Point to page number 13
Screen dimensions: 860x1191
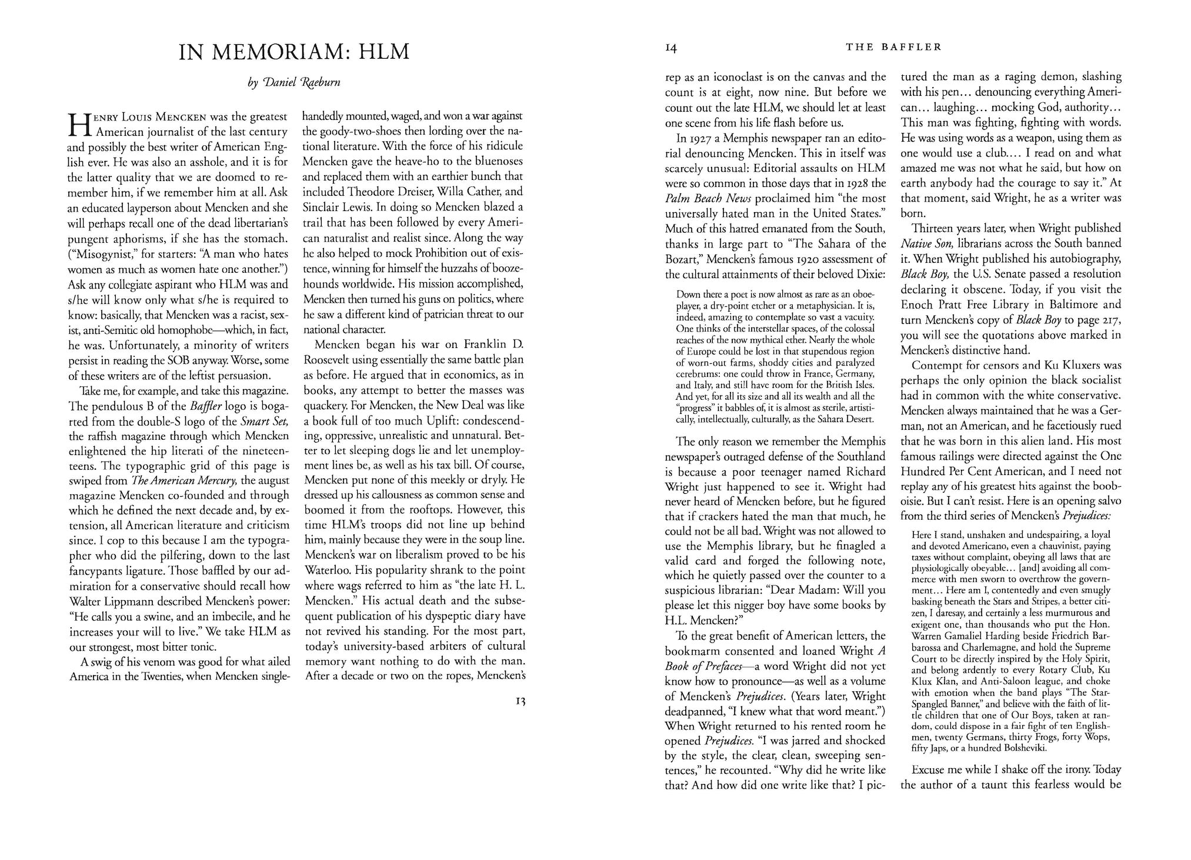coord(518,701)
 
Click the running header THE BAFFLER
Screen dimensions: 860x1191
coord(893,47)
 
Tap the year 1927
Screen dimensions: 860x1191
coord(698,139)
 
